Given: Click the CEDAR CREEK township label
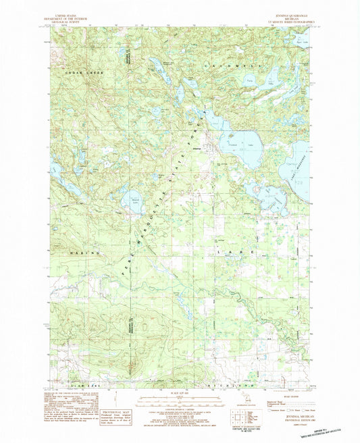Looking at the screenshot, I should click(79, 70).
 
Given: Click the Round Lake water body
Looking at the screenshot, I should click(131, 202).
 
